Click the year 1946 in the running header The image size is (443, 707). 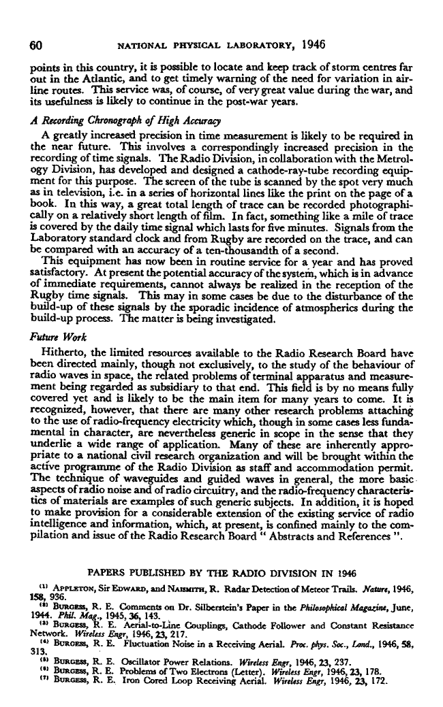309,45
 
